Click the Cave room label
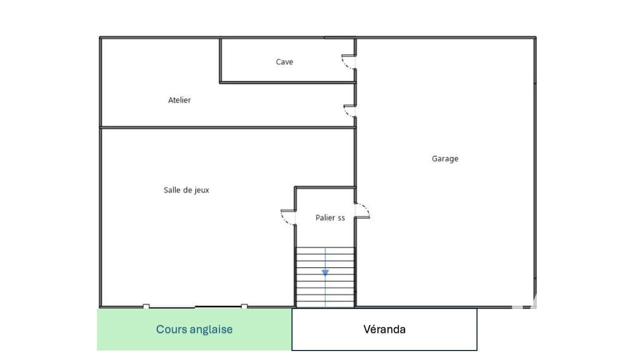click(x=284, y=62)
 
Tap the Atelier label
click(x=179, y=100)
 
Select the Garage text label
click(x=445, y=159)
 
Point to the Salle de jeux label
click(x=186, y=190)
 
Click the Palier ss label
click(x=330, y=217)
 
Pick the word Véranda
click(x=384, y=329)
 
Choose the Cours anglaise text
click(x=194, y=329)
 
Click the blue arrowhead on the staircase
click(x=325, y=272)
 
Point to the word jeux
click(x=202, y=190)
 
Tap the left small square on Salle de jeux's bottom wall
click(x=146, y=306)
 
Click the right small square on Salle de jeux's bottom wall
click(x=244, y=306)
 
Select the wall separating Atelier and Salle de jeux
click(x=227, y=127)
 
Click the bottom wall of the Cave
click(x=287, y=82)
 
